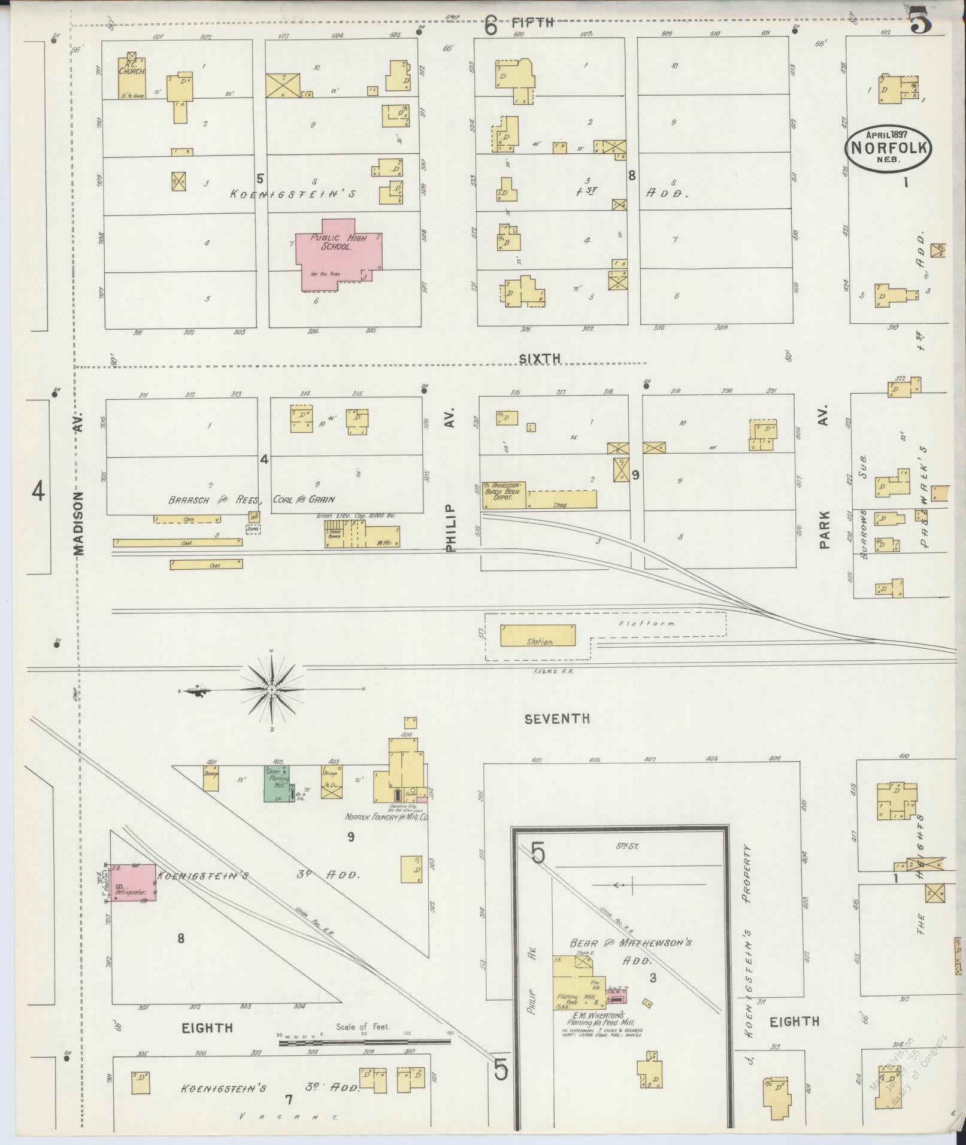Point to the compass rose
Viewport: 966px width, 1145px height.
[x=272, y=690]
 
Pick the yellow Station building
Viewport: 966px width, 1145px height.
[x=538, y=636]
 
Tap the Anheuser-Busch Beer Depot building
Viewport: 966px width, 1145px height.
[x=504, y=494]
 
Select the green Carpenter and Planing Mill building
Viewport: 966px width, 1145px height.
[x=277, y=783]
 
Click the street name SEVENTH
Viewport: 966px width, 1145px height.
[x=557, y=719]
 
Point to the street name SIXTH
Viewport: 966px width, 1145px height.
[x=540, y=358]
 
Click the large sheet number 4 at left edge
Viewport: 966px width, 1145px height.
[x=38, y=492]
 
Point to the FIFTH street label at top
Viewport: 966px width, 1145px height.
[x=532, y=23]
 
